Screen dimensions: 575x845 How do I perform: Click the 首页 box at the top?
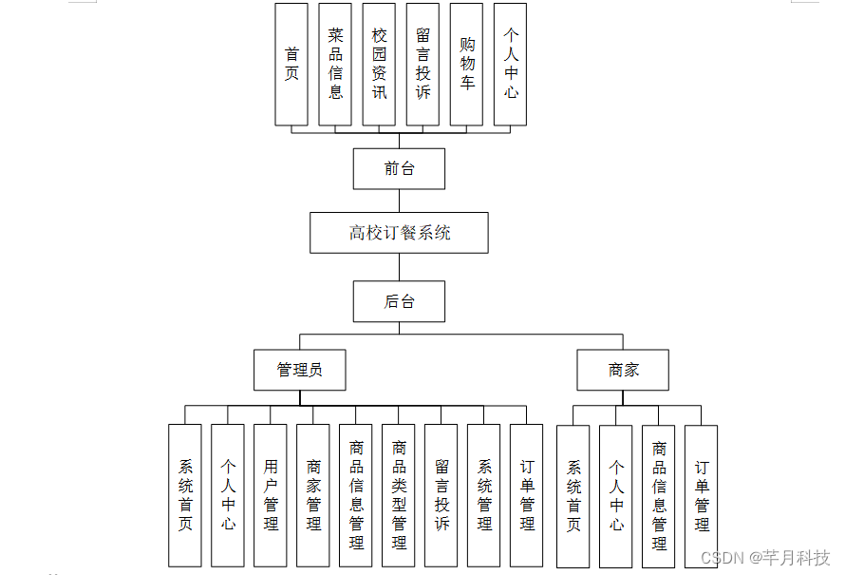click(x=291, y=64)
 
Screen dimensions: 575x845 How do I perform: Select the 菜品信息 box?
click(x=335, y=64)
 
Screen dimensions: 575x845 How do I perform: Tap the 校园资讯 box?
click(x=379, y=64)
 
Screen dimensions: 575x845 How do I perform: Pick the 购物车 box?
click(x=466, y=64)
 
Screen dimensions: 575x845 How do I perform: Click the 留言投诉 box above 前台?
click(x=422, y=64)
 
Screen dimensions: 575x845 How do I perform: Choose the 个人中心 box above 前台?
click(x=510, y=64)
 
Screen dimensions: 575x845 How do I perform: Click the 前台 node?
click(x=399, y=168)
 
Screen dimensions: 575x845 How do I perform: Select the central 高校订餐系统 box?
click(x=399, y=232)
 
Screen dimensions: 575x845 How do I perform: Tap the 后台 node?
click(x=399, y=301)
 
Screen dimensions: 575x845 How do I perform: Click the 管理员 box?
click(x=299, y=370)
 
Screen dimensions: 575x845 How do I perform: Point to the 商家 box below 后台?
click(x=623, y=370)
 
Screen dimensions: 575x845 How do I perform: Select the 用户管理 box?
click(x=271, y=495)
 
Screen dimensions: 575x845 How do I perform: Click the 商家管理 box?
click(x=313, y=495)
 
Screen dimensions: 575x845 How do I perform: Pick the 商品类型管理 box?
click(x=399, y=495)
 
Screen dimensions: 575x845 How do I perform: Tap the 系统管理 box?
click(x=484, y=495)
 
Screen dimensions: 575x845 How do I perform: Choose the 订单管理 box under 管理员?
click(x=527, y=495)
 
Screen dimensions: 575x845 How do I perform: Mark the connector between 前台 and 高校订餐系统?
click(x=399, y=201)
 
